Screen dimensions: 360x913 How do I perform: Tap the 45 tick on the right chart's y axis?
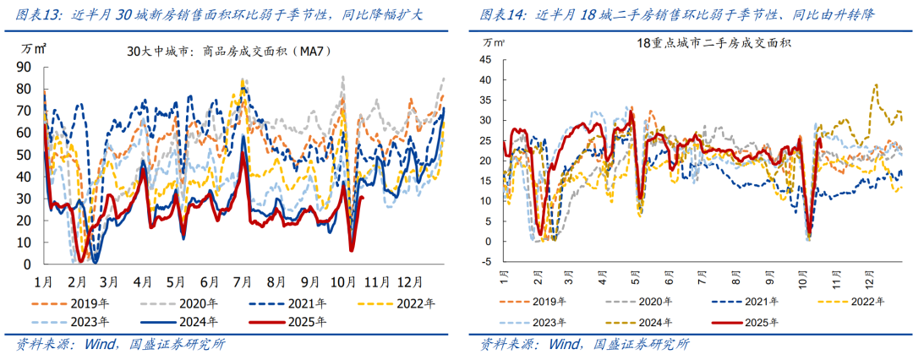tap(484, 60)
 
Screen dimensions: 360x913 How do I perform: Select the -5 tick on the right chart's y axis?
tap(486, 261)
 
